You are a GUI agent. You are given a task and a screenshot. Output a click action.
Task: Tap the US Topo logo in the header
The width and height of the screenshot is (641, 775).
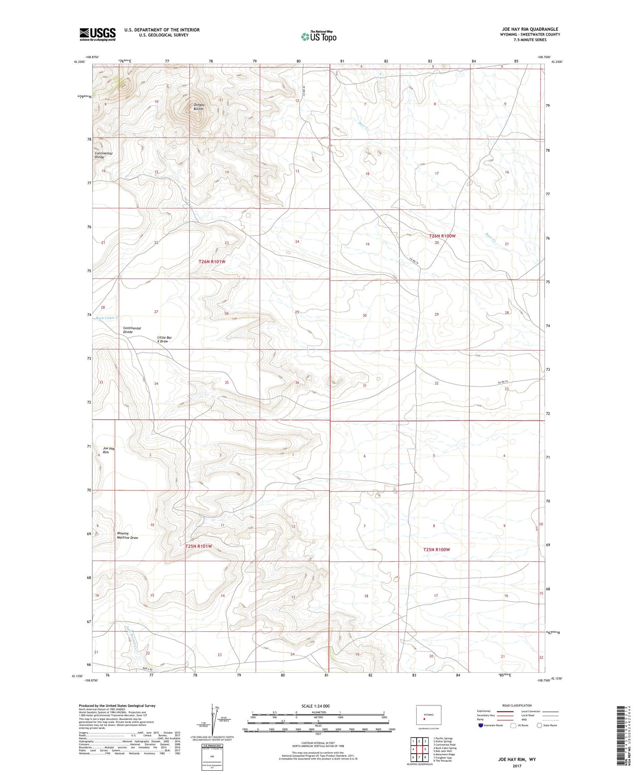pyautogui.click(x=318, y=37)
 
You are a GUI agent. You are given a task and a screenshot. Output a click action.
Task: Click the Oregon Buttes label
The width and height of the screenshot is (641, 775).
pyautogui.click(x=199, y=107)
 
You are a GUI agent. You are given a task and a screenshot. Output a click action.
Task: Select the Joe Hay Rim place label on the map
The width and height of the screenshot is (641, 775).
pyautogui.click(x=109, y=450)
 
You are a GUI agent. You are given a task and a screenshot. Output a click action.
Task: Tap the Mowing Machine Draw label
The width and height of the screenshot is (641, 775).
pyautogui.click(x=127, y=535)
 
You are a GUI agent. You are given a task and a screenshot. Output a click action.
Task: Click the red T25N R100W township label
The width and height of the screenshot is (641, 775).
pyautogui.click(x=436, y=549)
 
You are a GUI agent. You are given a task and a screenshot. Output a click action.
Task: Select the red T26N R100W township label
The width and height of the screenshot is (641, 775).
pyautogui.click(x=442, y=236)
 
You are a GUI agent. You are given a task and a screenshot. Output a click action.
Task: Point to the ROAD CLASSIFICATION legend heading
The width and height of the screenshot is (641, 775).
pyautogui.click(x=517, y=705)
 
